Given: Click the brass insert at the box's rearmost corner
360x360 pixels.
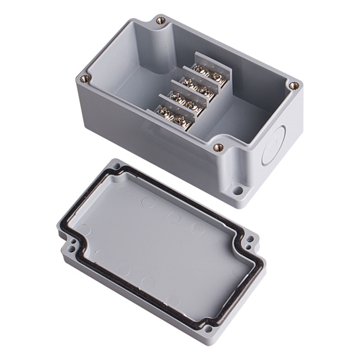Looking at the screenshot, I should click(x=161, y=21).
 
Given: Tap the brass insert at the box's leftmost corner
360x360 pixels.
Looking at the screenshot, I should click(x=85, y=79).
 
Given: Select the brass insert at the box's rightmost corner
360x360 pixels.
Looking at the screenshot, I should click(x=293, y=86).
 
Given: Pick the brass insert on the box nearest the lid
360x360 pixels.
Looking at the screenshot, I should click(x=218, y=147).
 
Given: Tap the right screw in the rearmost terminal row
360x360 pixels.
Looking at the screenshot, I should click(x=215, y=76).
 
